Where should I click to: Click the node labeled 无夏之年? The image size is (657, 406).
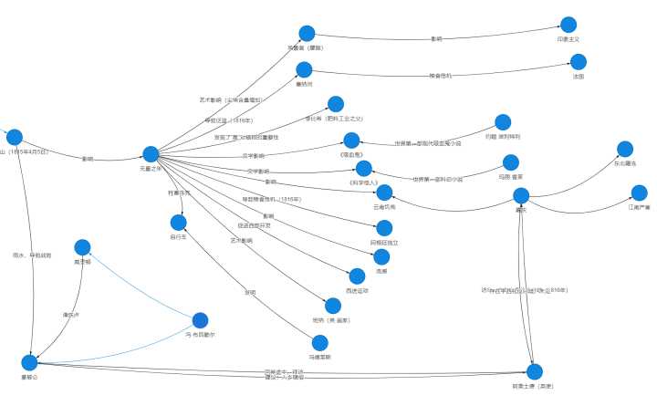pyautogui.click(x=151, y=154)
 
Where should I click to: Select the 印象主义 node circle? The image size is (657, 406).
pyautogui.click(x=568, y=26)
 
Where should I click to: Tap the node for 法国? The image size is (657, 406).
pyautogui.click(x=578, y=62)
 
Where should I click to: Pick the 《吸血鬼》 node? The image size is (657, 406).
pyautogui.click(x=351, y=140)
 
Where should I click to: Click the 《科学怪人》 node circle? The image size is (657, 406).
pyautogui.click(x=364, y=169)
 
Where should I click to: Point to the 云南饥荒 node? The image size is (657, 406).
pyautogui.click(x=384, y=193)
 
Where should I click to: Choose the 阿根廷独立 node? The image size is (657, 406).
pyautogui.click(x=384, y=228)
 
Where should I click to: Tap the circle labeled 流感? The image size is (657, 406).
pyautogui.click(x=381, y=257)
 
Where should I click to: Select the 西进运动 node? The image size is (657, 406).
pyautogui.click(x=357, y=276)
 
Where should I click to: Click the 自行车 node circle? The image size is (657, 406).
pyautogui.click(x=178, y=222)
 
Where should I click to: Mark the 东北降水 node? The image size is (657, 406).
pyautogui.click(x=625, y=149)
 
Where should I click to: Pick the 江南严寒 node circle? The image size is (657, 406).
pyautogui.click(x=639, y=193)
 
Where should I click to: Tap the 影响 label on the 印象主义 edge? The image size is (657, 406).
pyautogui.click(x=436, y=38)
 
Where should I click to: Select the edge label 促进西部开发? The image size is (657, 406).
pyautogui.click(x=255, y=225)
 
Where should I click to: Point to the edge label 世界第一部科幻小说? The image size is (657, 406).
pyautogui.click(x=437, y=179)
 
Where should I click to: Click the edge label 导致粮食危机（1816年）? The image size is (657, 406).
pyautogui.click(x=271, y=199)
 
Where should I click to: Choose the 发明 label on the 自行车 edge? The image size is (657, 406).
pyautogui.click(x=250, y=293)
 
